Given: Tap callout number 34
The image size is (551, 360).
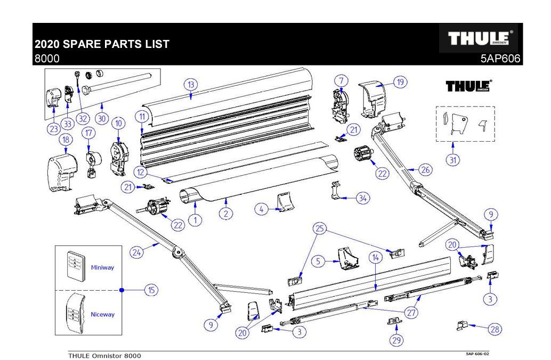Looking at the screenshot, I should [x=363, y=198].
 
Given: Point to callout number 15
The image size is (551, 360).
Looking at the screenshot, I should [x=152, y=290].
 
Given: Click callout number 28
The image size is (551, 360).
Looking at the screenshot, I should [x=495, y=330].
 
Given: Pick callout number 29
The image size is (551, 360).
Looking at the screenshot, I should [x=396, y=340].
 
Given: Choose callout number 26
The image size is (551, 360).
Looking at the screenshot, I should [x=425, y=170].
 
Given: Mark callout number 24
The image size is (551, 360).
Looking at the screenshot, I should [x=137, y=253].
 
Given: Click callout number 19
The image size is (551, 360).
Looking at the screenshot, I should [x=400, y=82].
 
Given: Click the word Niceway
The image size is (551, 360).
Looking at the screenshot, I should [x=102, y=314].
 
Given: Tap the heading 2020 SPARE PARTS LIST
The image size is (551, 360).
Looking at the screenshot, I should [x=102, y=44].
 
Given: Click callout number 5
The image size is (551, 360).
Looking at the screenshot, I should [x=318, y=261].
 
